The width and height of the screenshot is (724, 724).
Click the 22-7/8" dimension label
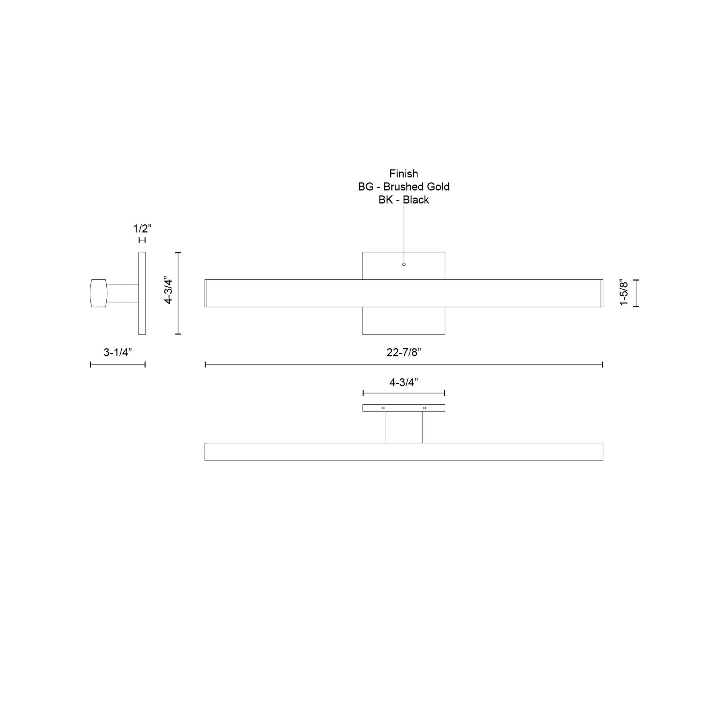click(x=404, y=352)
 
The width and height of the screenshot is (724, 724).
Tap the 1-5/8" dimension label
click(x=624, y=293)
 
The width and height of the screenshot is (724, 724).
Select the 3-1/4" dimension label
click(x=118, y=352)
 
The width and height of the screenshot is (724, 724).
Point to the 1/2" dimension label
click(x=142, y=228)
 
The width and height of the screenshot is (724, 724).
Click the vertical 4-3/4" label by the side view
click(x=168, y=292)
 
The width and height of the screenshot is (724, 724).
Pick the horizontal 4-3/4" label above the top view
click(x=404, y=382)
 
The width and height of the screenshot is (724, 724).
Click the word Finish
click(x=404, y=173)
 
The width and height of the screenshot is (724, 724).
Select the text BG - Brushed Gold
click(x=404, y=187)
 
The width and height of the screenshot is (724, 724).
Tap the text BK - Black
click(x=404, y=200)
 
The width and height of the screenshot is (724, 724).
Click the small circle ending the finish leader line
click(x=404, y=264)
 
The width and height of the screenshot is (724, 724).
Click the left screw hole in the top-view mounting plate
click(x=383, y=408)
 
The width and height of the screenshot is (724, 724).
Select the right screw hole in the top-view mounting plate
click(x=424, y=408)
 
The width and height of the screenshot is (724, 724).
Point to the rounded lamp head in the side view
click(x=99, y=293)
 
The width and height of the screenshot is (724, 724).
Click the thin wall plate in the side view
click(x=142, y=293)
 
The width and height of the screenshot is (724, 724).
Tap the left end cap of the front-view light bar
click(x=206, y=293)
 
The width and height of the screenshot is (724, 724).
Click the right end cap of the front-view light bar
click(x=602, y=293)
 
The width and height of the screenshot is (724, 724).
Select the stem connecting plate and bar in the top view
click(x=404, y=427)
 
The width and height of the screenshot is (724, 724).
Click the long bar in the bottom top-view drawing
click(x=404, y=452)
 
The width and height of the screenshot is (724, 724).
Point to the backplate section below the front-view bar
click(x=404, y=321)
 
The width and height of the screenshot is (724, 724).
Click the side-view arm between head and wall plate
click(x=122, y=293)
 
